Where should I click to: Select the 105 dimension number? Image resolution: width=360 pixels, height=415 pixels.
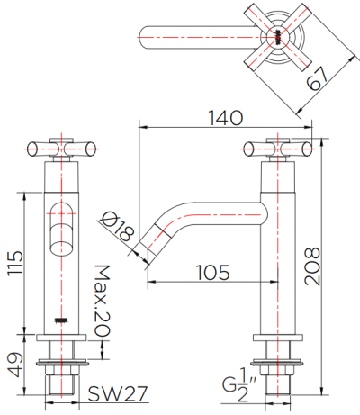pos(210,271)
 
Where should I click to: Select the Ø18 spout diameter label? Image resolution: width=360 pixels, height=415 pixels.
pos(121,226)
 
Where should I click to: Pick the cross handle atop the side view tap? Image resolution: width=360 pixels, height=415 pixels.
pos(280,148)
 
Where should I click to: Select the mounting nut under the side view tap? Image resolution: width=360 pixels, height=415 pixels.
pos(280,364)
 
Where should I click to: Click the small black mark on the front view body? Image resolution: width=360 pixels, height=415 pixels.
pos(62,320)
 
